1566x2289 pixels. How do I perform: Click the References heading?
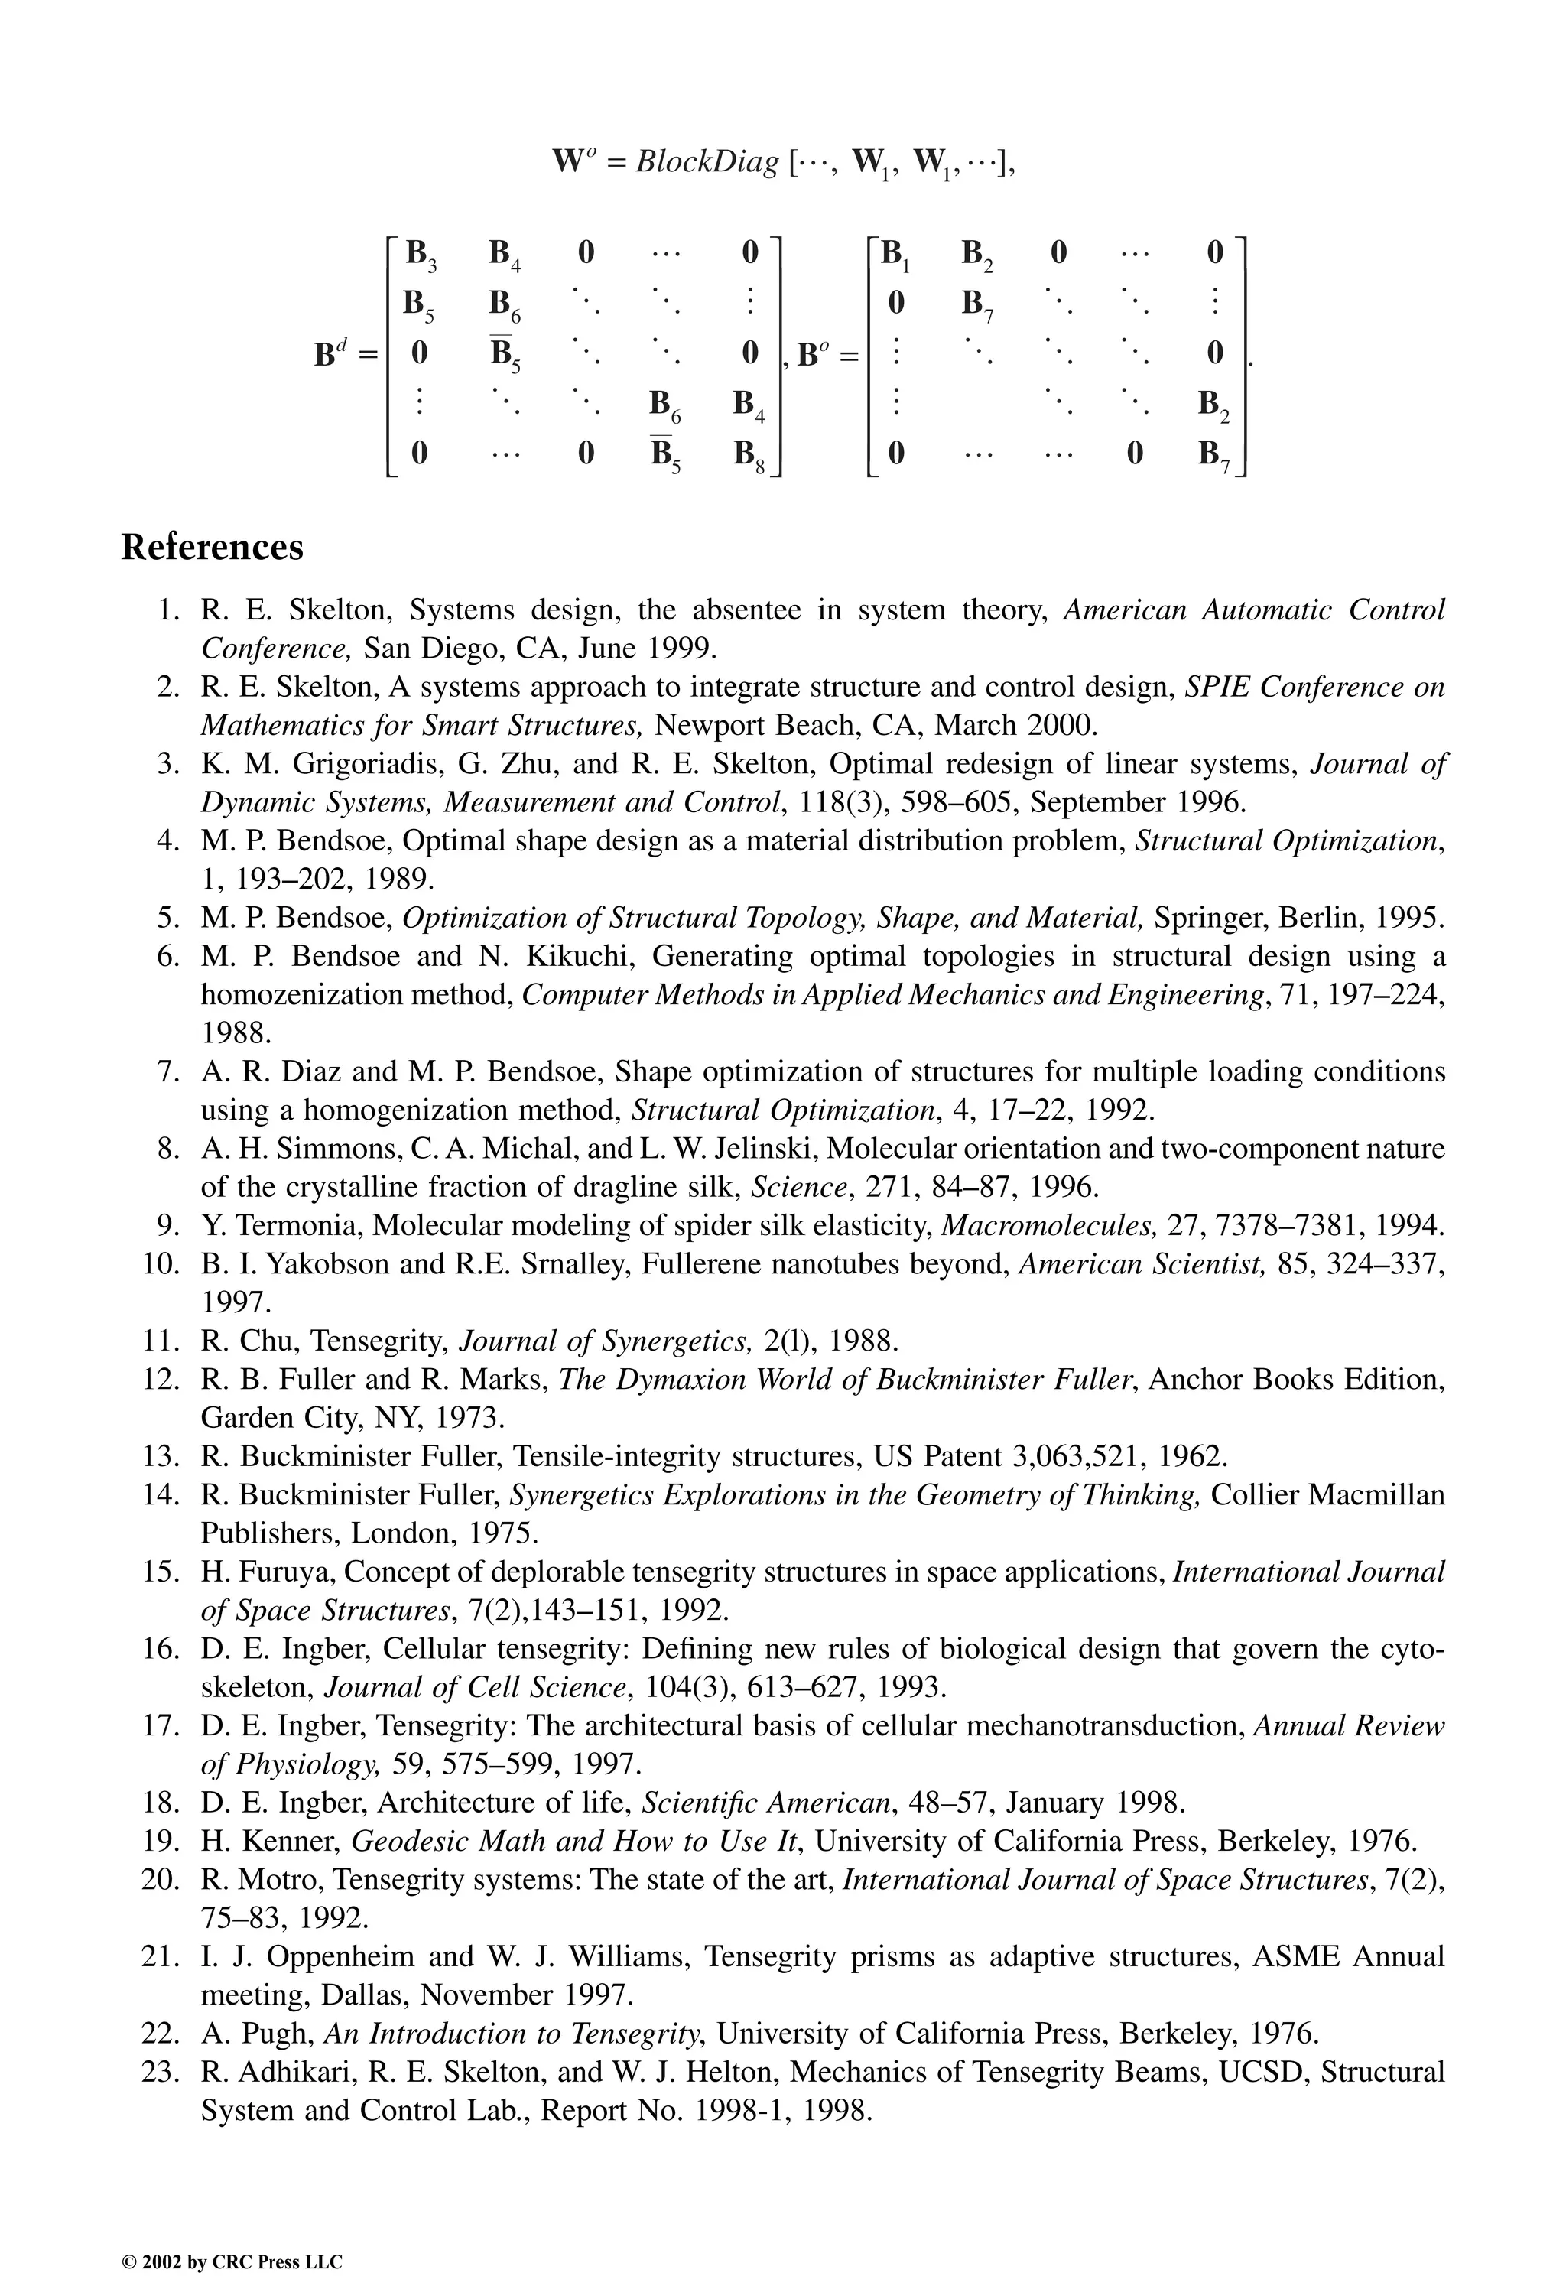(x=212, y=547)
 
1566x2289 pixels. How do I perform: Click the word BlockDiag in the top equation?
(x=707, y=161)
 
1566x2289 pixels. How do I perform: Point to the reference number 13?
(x=160, y=1455)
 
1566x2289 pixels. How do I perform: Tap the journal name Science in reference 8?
(x=785, y=1187)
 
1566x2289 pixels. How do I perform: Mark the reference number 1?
(x=167, y=610)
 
